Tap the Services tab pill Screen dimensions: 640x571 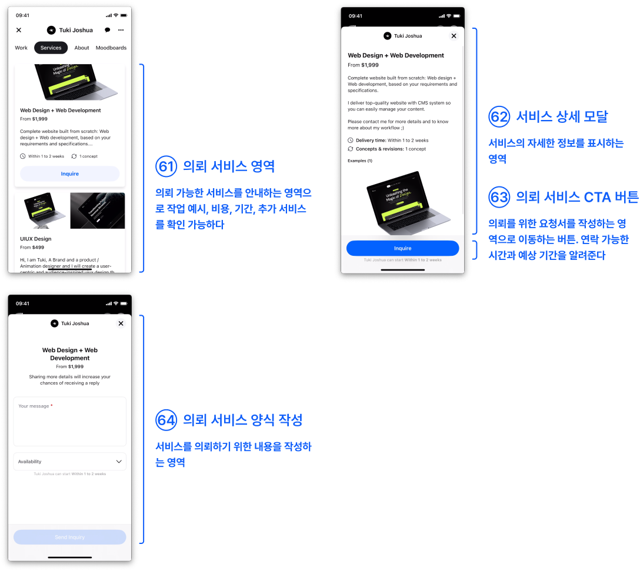(51, 48)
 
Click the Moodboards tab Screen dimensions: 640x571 (111, 48)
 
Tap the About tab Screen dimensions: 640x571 (82, 48)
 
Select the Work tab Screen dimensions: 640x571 (21, 48)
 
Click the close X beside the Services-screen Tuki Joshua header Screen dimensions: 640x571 (19, 30)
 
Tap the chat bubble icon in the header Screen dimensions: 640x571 (107, 30)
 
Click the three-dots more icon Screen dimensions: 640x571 (121, 30)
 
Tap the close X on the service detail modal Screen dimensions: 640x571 (454, 36)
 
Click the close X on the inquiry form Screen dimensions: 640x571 (121, 323)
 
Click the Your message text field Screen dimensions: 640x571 (69, 421)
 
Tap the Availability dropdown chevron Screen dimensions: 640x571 (119, 462)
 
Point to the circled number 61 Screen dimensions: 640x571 (166, 166)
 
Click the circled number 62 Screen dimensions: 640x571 (499, 116)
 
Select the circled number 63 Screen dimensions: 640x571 (499, 197)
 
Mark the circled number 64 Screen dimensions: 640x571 (166, 420)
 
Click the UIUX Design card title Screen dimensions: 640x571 (36, 239)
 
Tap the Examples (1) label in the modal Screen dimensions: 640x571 (360, 161)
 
